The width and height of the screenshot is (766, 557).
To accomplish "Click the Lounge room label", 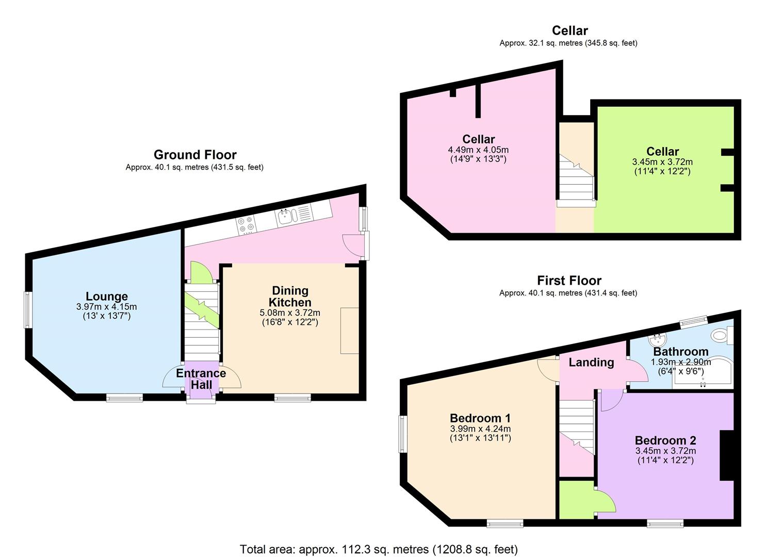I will coord(107,297).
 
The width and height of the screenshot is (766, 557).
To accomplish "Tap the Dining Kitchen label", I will coord(290,297).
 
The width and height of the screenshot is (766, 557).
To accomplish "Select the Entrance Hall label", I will coord(201,379).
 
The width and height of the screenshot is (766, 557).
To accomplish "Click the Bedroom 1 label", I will coord(480,418).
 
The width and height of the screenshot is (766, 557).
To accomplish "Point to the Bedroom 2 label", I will coord(665,440).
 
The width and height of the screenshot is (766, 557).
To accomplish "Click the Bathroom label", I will coord(681,352).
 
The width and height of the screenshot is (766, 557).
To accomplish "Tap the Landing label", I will coord(591,363).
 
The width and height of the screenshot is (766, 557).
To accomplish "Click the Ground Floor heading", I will coord(195,155).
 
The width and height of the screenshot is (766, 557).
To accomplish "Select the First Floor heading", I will coord(569,281).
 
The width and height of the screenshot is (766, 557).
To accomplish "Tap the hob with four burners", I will coord(246,224).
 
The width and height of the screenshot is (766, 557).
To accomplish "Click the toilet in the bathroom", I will coord(720,336).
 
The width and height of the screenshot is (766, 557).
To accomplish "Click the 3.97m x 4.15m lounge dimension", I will coord(106,307).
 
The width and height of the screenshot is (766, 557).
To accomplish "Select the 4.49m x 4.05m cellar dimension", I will coord(478,150).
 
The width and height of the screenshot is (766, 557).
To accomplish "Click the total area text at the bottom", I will coord(379,549).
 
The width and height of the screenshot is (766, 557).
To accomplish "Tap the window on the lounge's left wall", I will coord(28,309).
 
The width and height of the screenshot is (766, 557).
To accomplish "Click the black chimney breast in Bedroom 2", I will coord(726,455).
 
